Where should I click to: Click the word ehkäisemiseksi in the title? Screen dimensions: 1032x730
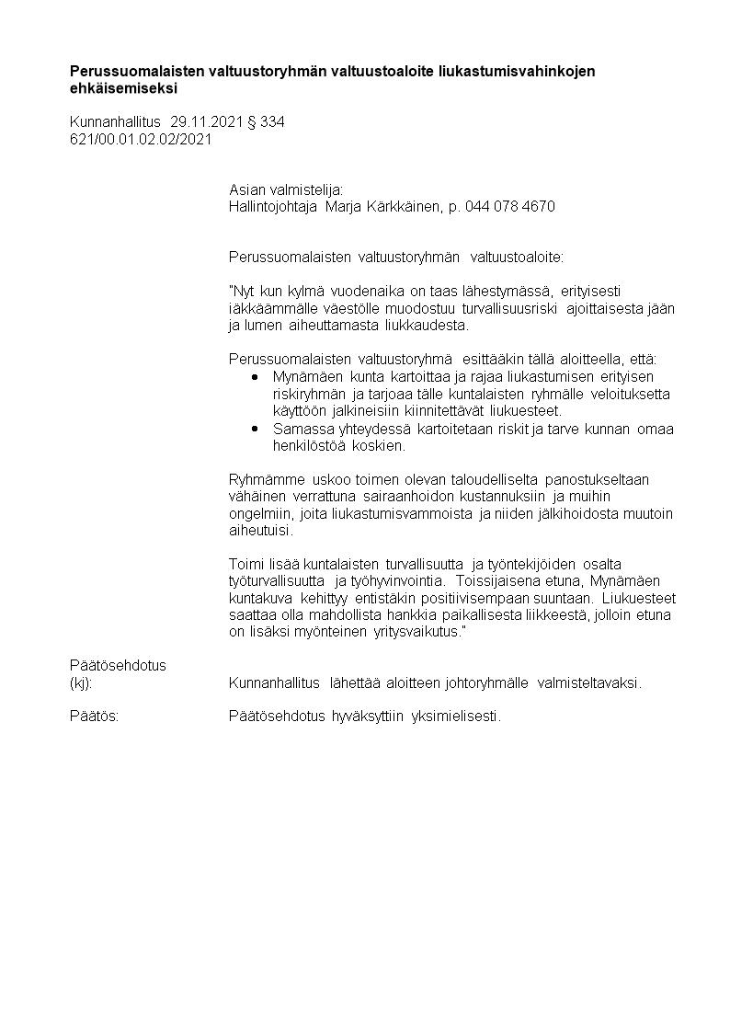tap(124, 89)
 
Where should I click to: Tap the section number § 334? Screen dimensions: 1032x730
tap(266, 121)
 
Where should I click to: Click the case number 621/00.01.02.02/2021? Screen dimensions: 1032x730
tap(141, 139)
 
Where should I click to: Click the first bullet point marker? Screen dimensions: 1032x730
tap(255, 376)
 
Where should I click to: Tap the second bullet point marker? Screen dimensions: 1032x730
tap(255, 428)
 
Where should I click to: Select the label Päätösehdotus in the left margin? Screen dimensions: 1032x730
tap(118, 665)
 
